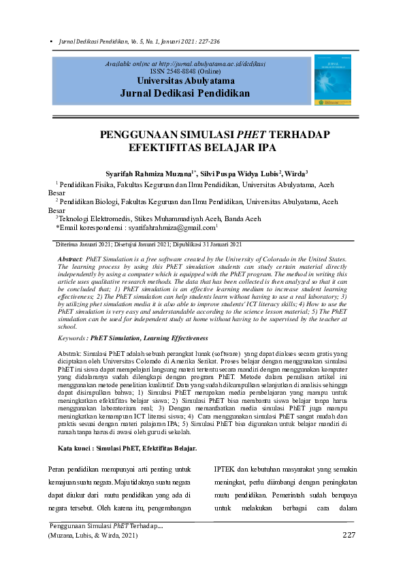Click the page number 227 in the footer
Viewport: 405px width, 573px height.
point(349,536)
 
